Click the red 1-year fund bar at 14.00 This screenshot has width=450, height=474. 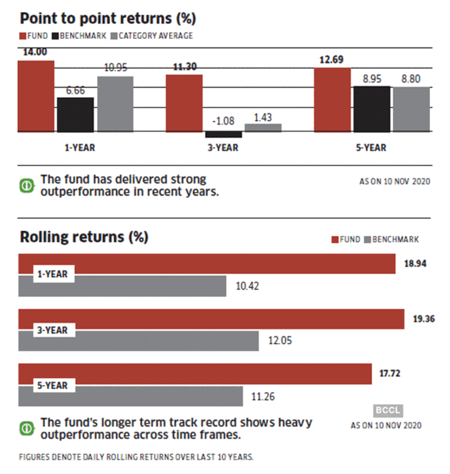(37, 96)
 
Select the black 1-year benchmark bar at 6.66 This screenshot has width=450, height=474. (75, 114)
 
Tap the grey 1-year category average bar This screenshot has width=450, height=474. (116, 104)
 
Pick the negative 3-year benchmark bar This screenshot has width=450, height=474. (224, 134)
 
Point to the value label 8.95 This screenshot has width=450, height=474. (372, 79)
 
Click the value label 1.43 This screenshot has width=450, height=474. (264, 117)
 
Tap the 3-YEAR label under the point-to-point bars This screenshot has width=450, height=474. (224, 147)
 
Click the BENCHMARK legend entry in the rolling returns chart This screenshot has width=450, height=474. (395, 239)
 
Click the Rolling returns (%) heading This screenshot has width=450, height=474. (84, 237)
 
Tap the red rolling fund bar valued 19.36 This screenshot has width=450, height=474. (211, 320)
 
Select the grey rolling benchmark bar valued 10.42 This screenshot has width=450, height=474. (122, 286)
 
